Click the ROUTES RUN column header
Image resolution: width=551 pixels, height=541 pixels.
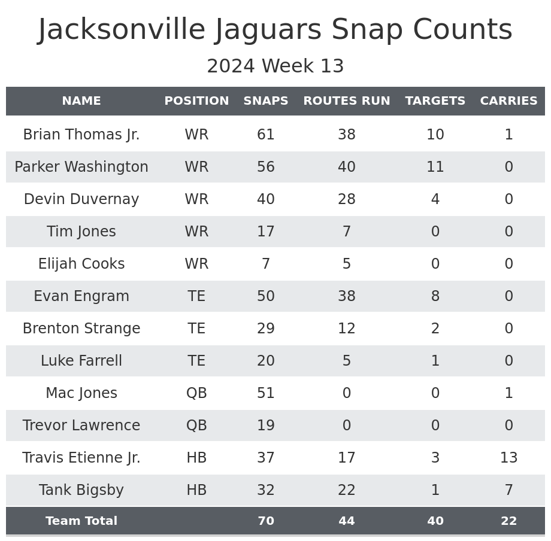tap(346, 101)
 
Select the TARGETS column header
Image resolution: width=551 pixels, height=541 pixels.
tap(435, 101)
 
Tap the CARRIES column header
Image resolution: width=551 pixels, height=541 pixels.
tap(508, 101)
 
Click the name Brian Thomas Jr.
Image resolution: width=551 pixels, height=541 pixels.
tap(81, 135)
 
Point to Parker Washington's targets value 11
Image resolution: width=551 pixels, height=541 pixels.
tap(435, 167)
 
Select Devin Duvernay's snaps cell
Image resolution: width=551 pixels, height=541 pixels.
tap(265, 199)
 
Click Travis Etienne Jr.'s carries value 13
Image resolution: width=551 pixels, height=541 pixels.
tap(508, 458)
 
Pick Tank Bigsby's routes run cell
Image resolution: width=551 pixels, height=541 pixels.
tap(346, 490)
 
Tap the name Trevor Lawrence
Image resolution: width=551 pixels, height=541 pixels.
tap(81, 425)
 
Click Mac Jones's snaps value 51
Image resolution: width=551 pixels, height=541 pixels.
tap(265, 393)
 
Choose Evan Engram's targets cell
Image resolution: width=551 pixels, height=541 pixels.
tap(435, 296)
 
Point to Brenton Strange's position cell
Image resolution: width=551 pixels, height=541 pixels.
tap(196, 329)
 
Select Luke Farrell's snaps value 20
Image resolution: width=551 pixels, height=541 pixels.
tap(265, 361)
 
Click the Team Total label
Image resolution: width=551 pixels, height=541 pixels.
tap(81, 521)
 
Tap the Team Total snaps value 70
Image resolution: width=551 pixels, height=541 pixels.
tap(265, 521)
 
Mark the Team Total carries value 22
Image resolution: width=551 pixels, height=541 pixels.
tap(508, 521)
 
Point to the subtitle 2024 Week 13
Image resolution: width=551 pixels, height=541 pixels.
tap(275, 66)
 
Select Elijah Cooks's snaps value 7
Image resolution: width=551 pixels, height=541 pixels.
tap(265, 264)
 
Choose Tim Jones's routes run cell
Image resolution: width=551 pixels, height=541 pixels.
tap(346, 232)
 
